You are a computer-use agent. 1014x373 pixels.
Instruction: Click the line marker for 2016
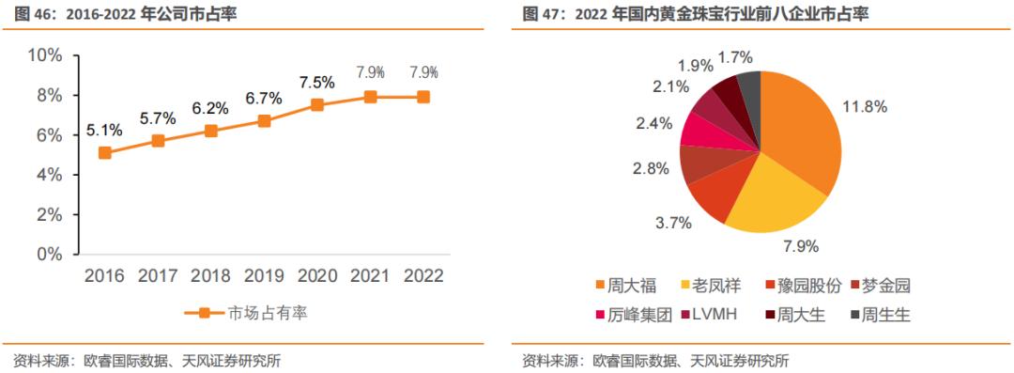pyautogui.click(x=104, y=152)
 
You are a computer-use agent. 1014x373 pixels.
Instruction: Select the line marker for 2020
pyautogui.click(x=317, y=104)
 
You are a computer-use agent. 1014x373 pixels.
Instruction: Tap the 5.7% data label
pyautogui.click(x=158, y=119)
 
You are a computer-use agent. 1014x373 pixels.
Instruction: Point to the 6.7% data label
pyautogui.click(x=264, y=99)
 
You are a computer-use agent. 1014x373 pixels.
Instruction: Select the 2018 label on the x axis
pyautogui.click(x=211, y=276)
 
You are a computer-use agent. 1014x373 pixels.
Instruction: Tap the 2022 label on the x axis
pyautogui.click(x=423, y=276)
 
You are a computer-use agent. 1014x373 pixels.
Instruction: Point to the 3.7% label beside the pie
pyautogui.click(x=673, y=223)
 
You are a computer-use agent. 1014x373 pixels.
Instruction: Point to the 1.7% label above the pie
pyautogui.click(x=735, y=57)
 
